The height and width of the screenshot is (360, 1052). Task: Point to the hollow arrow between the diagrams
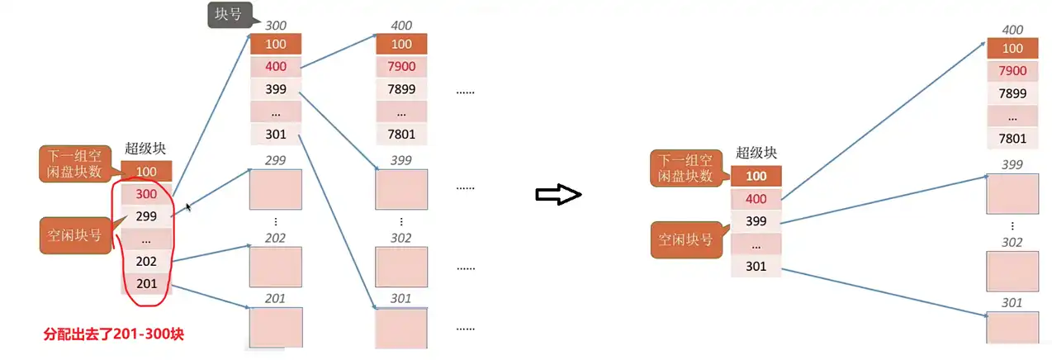tap(559, 195)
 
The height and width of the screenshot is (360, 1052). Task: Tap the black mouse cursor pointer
tap(189, 206)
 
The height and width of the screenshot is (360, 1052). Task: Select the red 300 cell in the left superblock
tap(146, 194)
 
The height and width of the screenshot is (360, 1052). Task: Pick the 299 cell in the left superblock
tap(146, 216)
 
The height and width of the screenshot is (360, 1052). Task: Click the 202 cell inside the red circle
tap(146, 261)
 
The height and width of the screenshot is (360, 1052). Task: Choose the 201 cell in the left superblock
tap(146, 283)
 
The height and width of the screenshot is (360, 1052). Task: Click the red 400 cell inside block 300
tap(275, 66)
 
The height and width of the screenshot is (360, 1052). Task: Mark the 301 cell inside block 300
tap(275, 134)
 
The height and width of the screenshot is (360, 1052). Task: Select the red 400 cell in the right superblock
tap(756, 199)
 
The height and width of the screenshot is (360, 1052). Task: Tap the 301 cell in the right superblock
tap(756, 266)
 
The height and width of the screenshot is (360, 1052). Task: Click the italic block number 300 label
tap(275, 26)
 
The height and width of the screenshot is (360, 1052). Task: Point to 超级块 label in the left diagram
tap(145, 149)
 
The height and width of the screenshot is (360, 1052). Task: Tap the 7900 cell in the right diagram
tap(1012, 71)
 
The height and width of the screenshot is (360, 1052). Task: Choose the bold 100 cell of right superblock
tap(756, 176)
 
